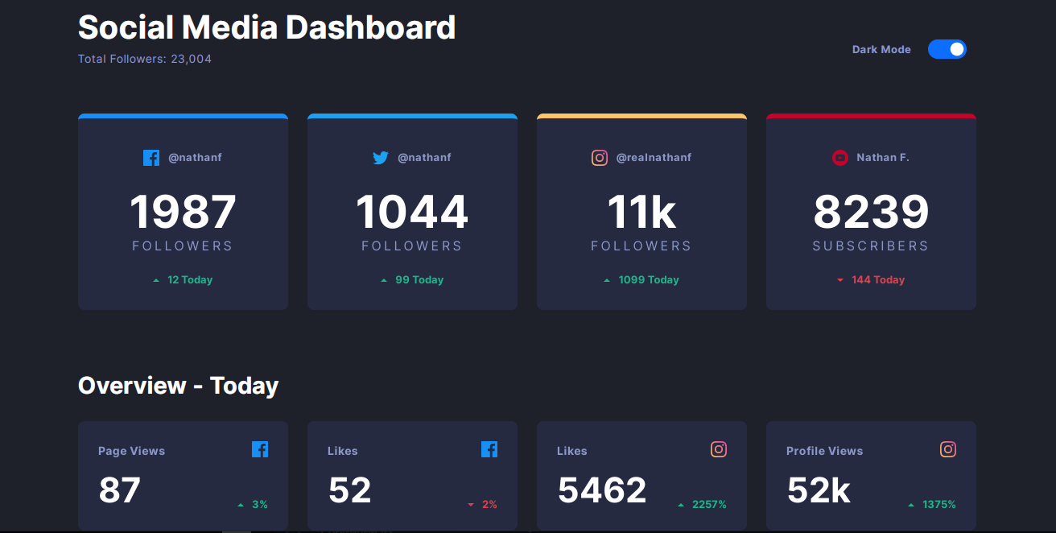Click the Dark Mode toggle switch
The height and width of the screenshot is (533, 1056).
pos(947,49)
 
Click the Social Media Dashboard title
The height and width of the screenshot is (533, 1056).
pos(266,28)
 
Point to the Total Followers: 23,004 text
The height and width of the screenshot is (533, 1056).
pos(145,59)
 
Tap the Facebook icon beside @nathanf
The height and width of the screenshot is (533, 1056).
pos(151,158)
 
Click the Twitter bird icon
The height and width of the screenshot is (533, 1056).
pos(381,158)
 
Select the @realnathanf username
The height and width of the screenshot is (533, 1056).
pos(654,158)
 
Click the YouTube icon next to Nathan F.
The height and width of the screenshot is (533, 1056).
pos(839,158)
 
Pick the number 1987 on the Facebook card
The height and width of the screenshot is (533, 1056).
pos(183,213)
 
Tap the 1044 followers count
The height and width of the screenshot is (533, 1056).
pos(412,213)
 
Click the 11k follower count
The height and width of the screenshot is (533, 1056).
pos(641,213)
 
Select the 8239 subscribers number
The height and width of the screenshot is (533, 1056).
pos(871,213)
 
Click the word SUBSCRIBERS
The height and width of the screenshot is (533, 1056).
pos(871,246)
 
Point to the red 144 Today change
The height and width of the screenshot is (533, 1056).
pos(877,280)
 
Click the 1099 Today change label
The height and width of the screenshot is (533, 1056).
pos(648,280)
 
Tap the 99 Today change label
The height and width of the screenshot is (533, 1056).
pos(419,280)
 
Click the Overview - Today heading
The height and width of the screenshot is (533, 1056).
pos(178,386)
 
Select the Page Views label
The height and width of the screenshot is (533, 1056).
pos(131,451)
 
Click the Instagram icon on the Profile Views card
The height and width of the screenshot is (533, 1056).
pos(948,449)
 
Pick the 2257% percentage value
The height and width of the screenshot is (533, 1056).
pos(708,505)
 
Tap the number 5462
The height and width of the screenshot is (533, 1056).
pos(602,490)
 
